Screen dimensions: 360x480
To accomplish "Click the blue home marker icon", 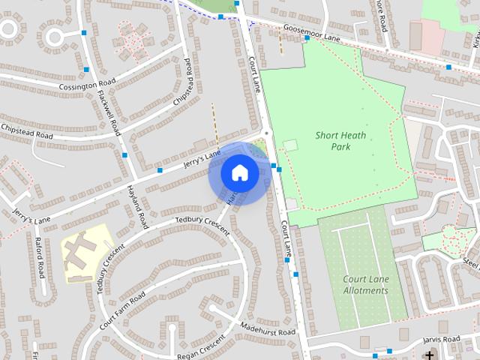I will tap(239, 173).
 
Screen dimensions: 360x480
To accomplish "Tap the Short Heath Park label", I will tap(343, 141).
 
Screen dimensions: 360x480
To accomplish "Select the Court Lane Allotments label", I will tap(366, 285).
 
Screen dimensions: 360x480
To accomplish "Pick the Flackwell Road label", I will tap(108, 112).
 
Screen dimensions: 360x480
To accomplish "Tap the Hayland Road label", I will tap(137, 207).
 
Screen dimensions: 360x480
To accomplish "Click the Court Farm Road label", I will tap(121, 312).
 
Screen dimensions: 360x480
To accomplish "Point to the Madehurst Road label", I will tap(268, 329).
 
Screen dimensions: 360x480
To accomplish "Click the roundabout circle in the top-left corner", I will tap(55, 35).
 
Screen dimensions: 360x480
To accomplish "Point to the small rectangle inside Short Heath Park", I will tap(290, 145).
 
